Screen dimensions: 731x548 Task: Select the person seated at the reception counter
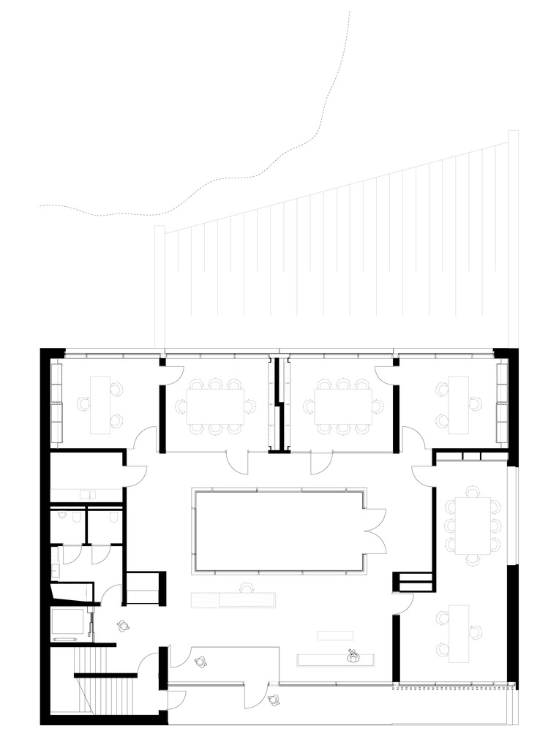tap(353, 656)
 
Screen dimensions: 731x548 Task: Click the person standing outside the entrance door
tap(274, 700)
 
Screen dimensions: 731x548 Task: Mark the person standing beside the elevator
tap(122, 625)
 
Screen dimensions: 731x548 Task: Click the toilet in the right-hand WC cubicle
tap(112, 518)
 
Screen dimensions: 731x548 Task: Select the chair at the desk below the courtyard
tap(247, 586)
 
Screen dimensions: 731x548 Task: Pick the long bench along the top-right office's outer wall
tap(502, 402)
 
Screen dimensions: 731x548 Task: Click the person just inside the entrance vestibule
tap(200, 662)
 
